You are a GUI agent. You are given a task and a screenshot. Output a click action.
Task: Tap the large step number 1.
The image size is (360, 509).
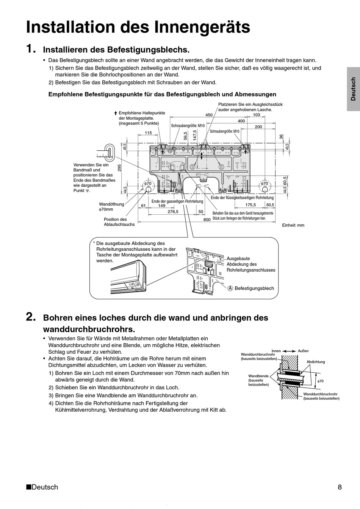pyautogui.click(x=31, y=49)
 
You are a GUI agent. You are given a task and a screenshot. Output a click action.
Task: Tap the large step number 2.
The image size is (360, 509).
pyautogui.click(x=31, y=317)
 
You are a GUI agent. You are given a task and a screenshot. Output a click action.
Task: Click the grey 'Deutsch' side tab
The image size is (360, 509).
pyautogui.click(x=353, y=89)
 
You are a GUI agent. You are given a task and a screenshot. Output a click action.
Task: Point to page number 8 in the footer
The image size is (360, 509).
pyautogui.click(x=340, y=487)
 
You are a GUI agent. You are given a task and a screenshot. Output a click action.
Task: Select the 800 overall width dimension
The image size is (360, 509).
pyautogui.click(x=207, y=220)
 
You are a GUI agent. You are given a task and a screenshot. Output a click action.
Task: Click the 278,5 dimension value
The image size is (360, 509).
pyautogui.click(x=173, y=212)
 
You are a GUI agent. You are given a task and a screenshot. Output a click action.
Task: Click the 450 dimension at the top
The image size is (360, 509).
pyautogui.click(x=209, y=115)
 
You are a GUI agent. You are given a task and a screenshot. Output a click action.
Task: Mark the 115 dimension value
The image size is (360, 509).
pyautogui.click(x=148, y=133)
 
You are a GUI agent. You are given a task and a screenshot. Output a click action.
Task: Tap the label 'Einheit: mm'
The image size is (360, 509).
pyautogui.click(x=293, y=225)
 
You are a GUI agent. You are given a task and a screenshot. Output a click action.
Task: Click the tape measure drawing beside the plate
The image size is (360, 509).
pyautogui.click(x=106, y=152)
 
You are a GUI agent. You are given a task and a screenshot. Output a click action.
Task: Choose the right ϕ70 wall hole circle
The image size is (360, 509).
pyautogui.click(x=263, y=184)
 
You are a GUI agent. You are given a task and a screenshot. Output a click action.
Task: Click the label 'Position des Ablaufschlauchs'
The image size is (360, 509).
pyautogui.click(x=119, y=222)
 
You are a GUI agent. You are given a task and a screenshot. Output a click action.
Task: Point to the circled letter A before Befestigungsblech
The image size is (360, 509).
pyautogui.click(x=230, y=289)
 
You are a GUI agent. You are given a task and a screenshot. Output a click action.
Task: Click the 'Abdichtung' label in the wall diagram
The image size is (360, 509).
pyautogui.click(x=316, y=362)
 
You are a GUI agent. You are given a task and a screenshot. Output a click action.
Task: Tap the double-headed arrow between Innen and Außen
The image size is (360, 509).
pyautogui.click(x=290, y=351)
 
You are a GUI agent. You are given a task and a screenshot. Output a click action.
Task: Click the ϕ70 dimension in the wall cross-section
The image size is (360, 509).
pyautogui.click(x=320, y=381)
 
